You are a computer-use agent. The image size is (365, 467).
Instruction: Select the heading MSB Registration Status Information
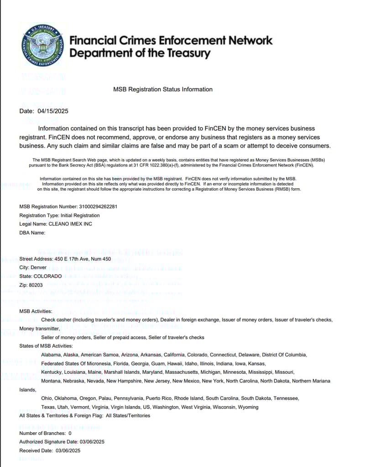[x=163, y=90]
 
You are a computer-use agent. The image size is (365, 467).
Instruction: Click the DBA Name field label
[x=32, y=233]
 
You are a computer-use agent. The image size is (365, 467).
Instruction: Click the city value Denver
[x=38, y=268]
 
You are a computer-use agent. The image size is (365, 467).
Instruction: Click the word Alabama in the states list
[x=51, y=355]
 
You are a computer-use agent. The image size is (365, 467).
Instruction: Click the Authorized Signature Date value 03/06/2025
[x=92, y=442]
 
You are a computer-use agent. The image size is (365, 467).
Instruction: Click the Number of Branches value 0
[x=70, y=433]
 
